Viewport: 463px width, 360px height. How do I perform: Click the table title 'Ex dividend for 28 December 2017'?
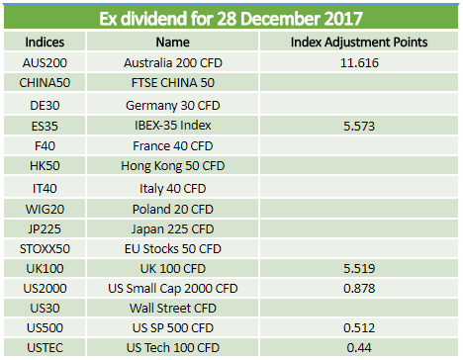tap(231, 19)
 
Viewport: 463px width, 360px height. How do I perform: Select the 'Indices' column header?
tap(45, 43)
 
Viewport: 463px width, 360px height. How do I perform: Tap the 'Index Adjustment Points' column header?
tap(359, 43)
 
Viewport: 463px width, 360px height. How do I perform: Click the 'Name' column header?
tap(173, 43)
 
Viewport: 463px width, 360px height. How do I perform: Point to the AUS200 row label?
tap(45, 62)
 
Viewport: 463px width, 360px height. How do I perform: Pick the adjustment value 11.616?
tap(359, 62)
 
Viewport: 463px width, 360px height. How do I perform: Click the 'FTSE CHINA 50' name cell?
tap(173, 83)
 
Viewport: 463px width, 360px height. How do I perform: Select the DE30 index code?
tap(45, 106)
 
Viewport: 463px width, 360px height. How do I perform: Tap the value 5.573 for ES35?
tap(359, 126)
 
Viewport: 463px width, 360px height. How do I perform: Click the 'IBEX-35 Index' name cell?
tap(173, 126)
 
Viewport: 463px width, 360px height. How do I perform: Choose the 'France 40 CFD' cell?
tap(173, 145)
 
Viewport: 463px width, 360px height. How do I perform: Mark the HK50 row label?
tap(45, 166)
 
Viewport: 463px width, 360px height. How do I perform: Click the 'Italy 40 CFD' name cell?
tap(173, 189)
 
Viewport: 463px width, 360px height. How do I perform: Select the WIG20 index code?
tap(45, 209)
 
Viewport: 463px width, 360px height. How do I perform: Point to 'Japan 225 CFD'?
tap(173, 229)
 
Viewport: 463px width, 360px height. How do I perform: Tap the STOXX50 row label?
tap(45, 249)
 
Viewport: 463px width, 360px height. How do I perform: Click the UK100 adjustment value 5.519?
tap(359, 268)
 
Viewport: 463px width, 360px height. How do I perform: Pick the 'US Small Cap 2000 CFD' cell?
tap(173, 289)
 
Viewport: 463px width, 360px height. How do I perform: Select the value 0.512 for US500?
tap(359, 327)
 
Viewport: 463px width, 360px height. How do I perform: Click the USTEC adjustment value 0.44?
tap(359, 347)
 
